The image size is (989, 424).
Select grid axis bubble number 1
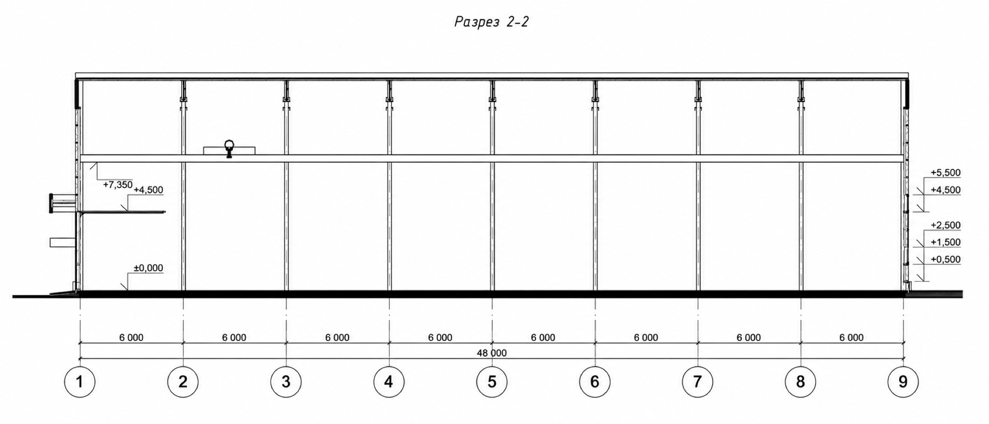[80, 382]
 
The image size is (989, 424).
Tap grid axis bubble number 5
[492, 382]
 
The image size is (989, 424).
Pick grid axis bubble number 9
[903, 382]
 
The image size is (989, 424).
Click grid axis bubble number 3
[286, 382]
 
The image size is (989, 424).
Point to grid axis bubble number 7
[697, 382]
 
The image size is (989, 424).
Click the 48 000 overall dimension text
[492, 353]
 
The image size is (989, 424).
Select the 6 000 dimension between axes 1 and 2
[131, 337]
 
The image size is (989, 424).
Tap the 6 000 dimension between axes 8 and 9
[851, 337]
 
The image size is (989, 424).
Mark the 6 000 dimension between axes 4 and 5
[440, 337]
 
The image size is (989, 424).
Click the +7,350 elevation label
[118, 185]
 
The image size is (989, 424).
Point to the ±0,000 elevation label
[148, 268]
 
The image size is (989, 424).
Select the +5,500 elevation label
[945, 173]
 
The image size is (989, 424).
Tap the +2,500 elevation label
[945, 225]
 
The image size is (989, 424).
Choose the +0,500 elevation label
[945, 259]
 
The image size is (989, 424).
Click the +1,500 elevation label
[945, 242]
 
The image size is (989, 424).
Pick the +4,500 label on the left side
[148, 190]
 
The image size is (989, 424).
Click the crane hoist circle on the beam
[229, 145]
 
